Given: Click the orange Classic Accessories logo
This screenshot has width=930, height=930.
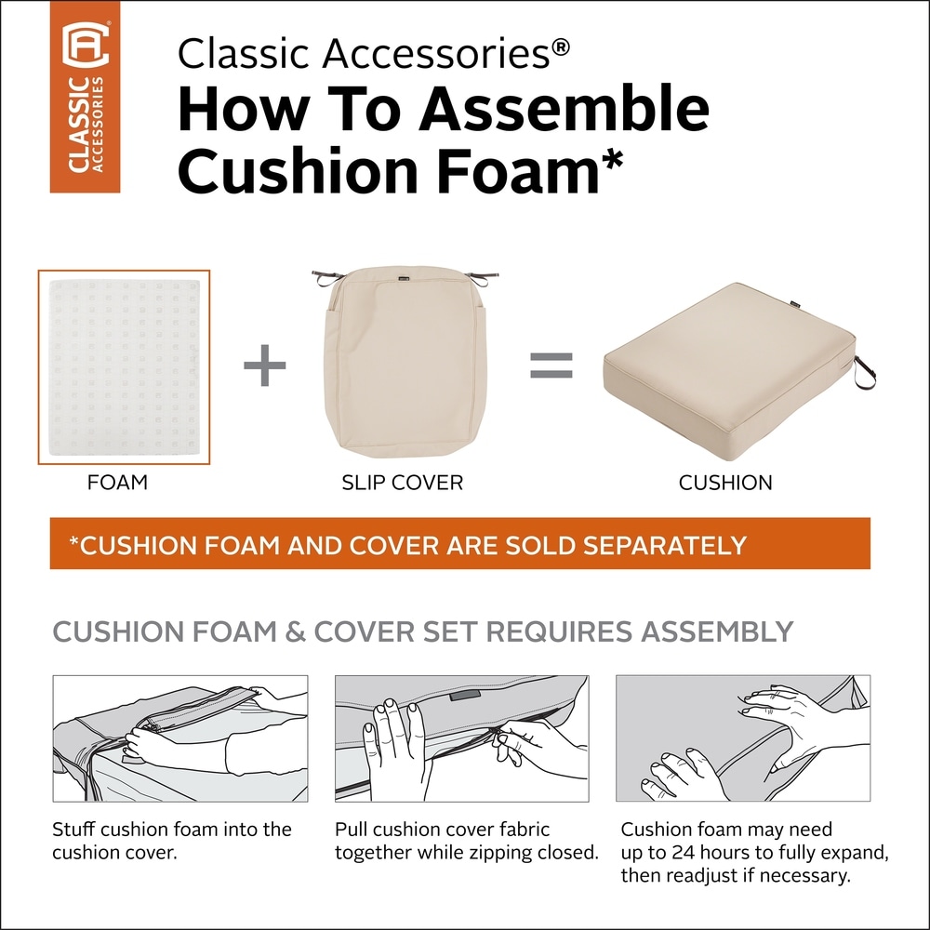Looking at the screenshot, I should click(85, 97).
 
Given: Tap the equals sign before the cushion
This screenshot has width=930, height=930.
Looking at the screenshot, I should click(551, 365).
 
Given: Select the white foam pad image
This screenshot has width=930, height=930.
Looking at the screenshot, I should click(124, 367).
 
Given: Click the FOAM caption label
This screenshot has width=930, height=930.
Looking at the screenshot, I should click(117, 483).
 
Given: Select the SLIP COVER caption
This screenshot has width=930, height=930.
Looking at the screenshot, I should click(403, 483).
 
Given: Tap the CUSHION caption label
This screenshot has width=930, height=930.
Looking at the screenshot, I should click(725, 483).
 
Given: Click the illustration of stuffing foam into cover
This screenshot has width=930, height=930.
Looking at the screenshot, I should click(179, 737).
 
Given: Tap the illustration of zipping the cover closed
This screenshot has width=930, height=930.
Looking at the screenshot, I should click(461, 737).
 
